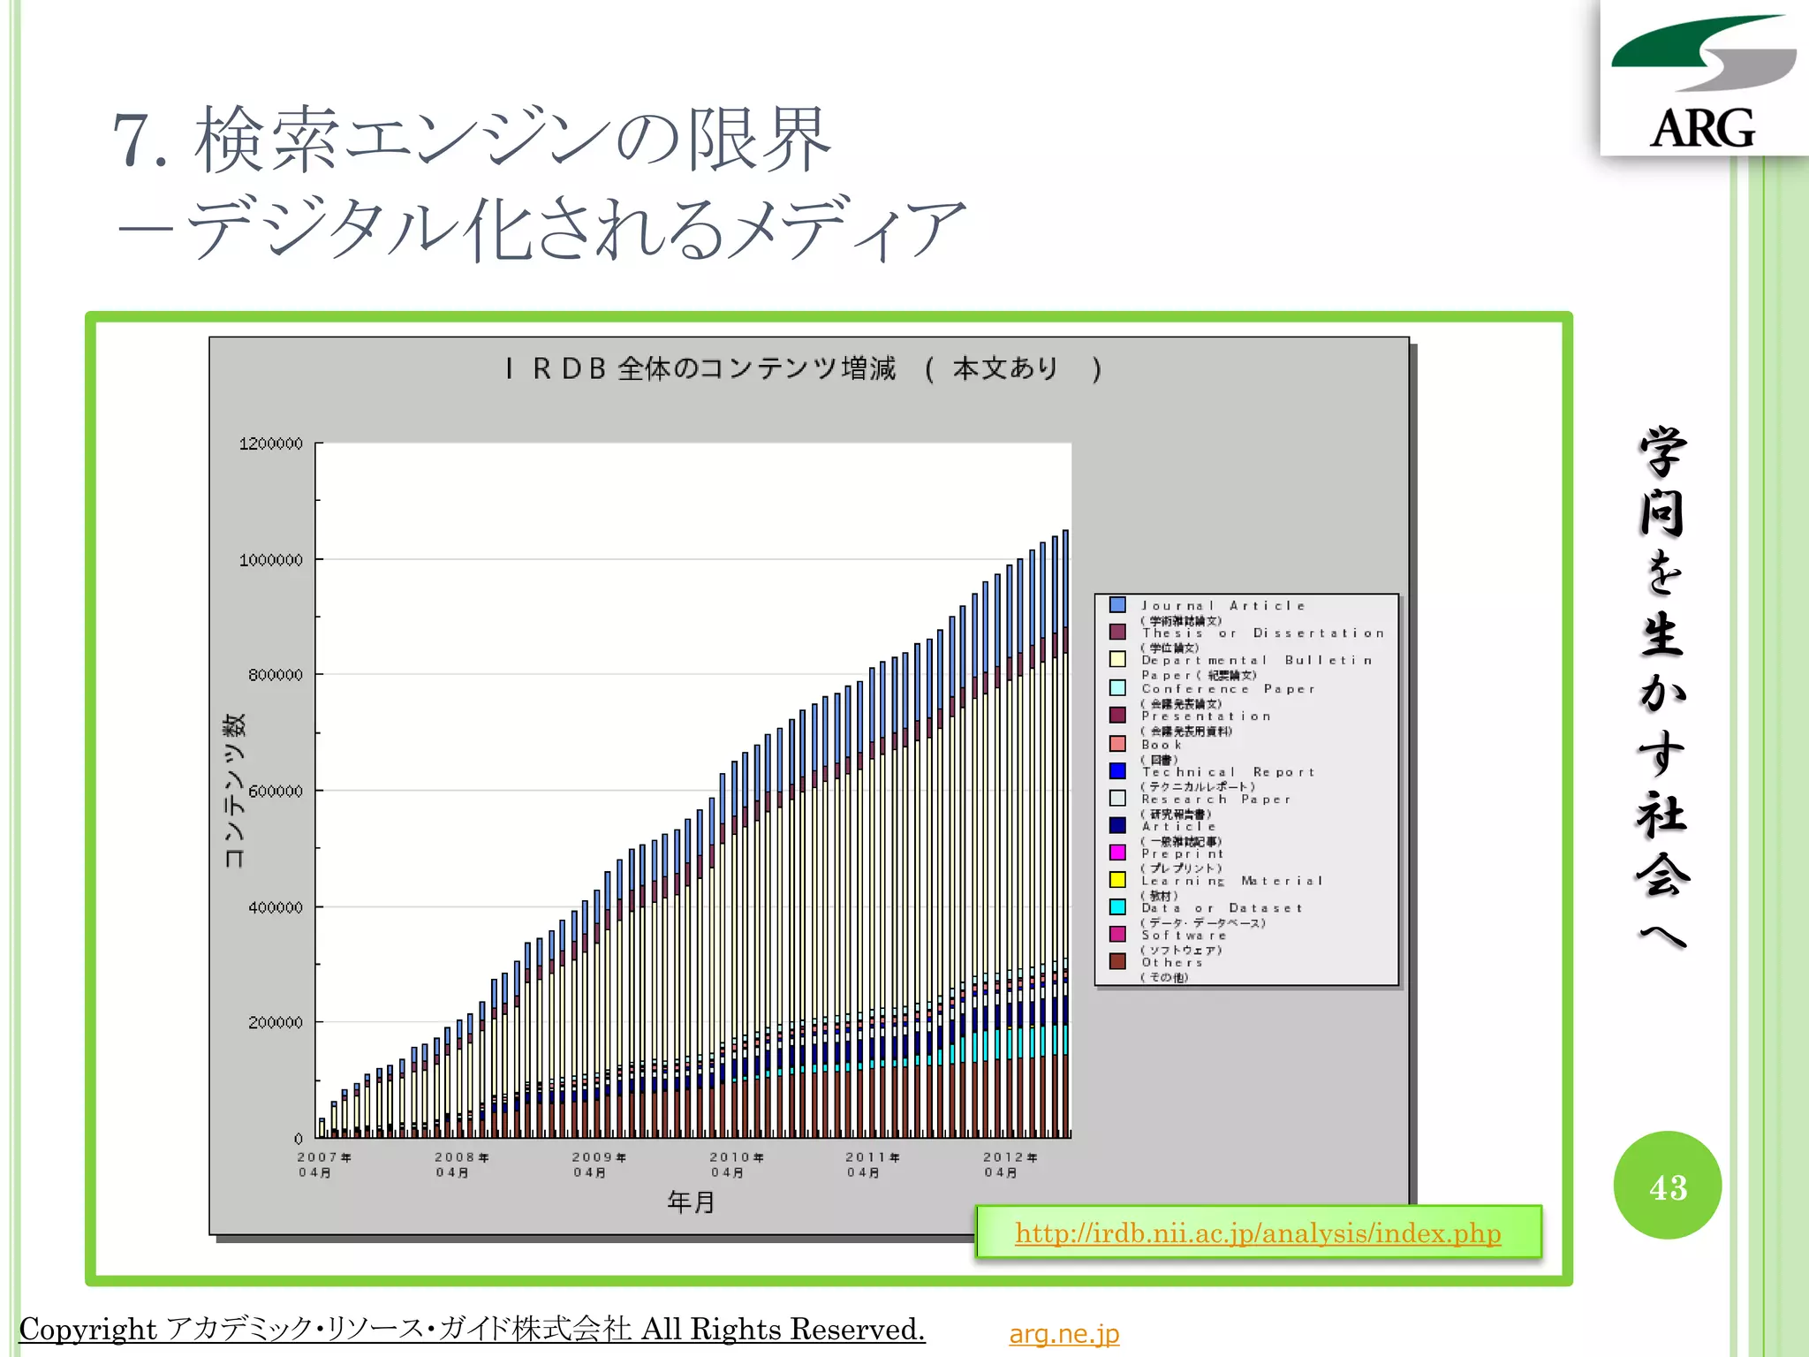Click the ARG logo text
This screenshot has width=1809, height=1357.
[x=1702, y=128]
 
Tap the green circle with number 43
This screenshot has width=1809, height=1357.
[x=1667, y=1186]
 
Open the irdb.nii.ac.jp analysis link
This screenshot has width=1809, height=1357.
[x=1258, y=1232]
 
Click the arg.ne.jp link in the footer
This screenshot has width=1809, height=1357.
[x=1063, y=1333]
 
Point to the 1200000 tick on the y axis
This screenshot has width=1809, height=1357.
[x=271, y=443]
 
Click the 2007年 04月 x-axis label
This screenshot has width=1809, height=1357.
[x=322, y=1164]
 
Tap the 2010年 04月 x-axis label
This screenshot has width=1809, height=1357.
[x=735, y=1164]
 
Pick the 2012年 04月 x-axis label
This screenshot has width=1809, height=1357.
[x=1009, y=1164]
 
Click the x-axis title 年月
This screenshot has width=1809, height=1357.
[x=691, y=1202]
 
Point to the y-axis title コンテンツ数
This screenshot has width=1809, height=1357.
[x=234, y=791]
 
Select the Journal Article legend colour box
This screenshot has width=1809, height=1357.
[x=1117, y=605]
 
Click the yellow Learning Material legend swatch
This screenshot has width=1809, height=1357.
[x=1117, y=880]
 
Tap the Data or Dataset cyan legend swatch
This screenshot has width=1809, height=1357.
[x=1117, y=907]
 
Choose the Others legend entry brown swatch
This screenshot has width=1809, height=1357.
[x=1117, y=961]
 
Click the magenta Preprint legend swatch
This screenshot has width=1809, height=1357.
[x=1117, y=853]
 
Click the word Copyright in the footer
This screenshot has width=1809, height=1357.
[x=88, y=1329]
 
